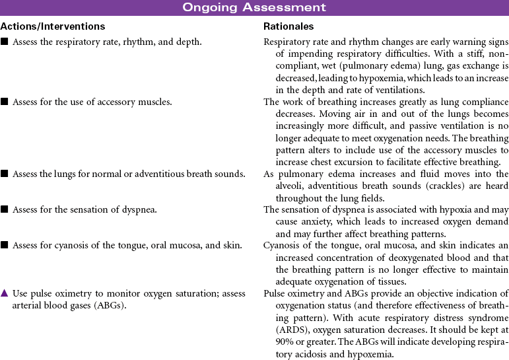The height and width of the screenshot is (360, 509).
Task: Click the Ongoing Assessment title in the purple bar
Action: coord(254,7)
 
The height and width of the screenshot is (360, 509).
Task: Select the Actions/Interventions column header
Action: coord(53,26)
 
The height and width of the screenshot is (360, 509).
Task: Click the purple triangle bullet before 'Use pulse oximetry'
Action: coord(5,293)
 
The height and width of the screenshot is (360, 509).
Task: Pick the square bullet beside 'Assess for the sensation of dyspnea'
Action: coord(5,209)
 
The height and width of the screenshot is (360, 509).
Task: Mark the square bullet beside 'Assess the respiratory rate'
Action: coord(5,42)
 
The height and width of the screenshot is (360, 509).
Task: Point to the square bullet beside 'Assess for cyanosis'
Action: coord(5,246)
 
